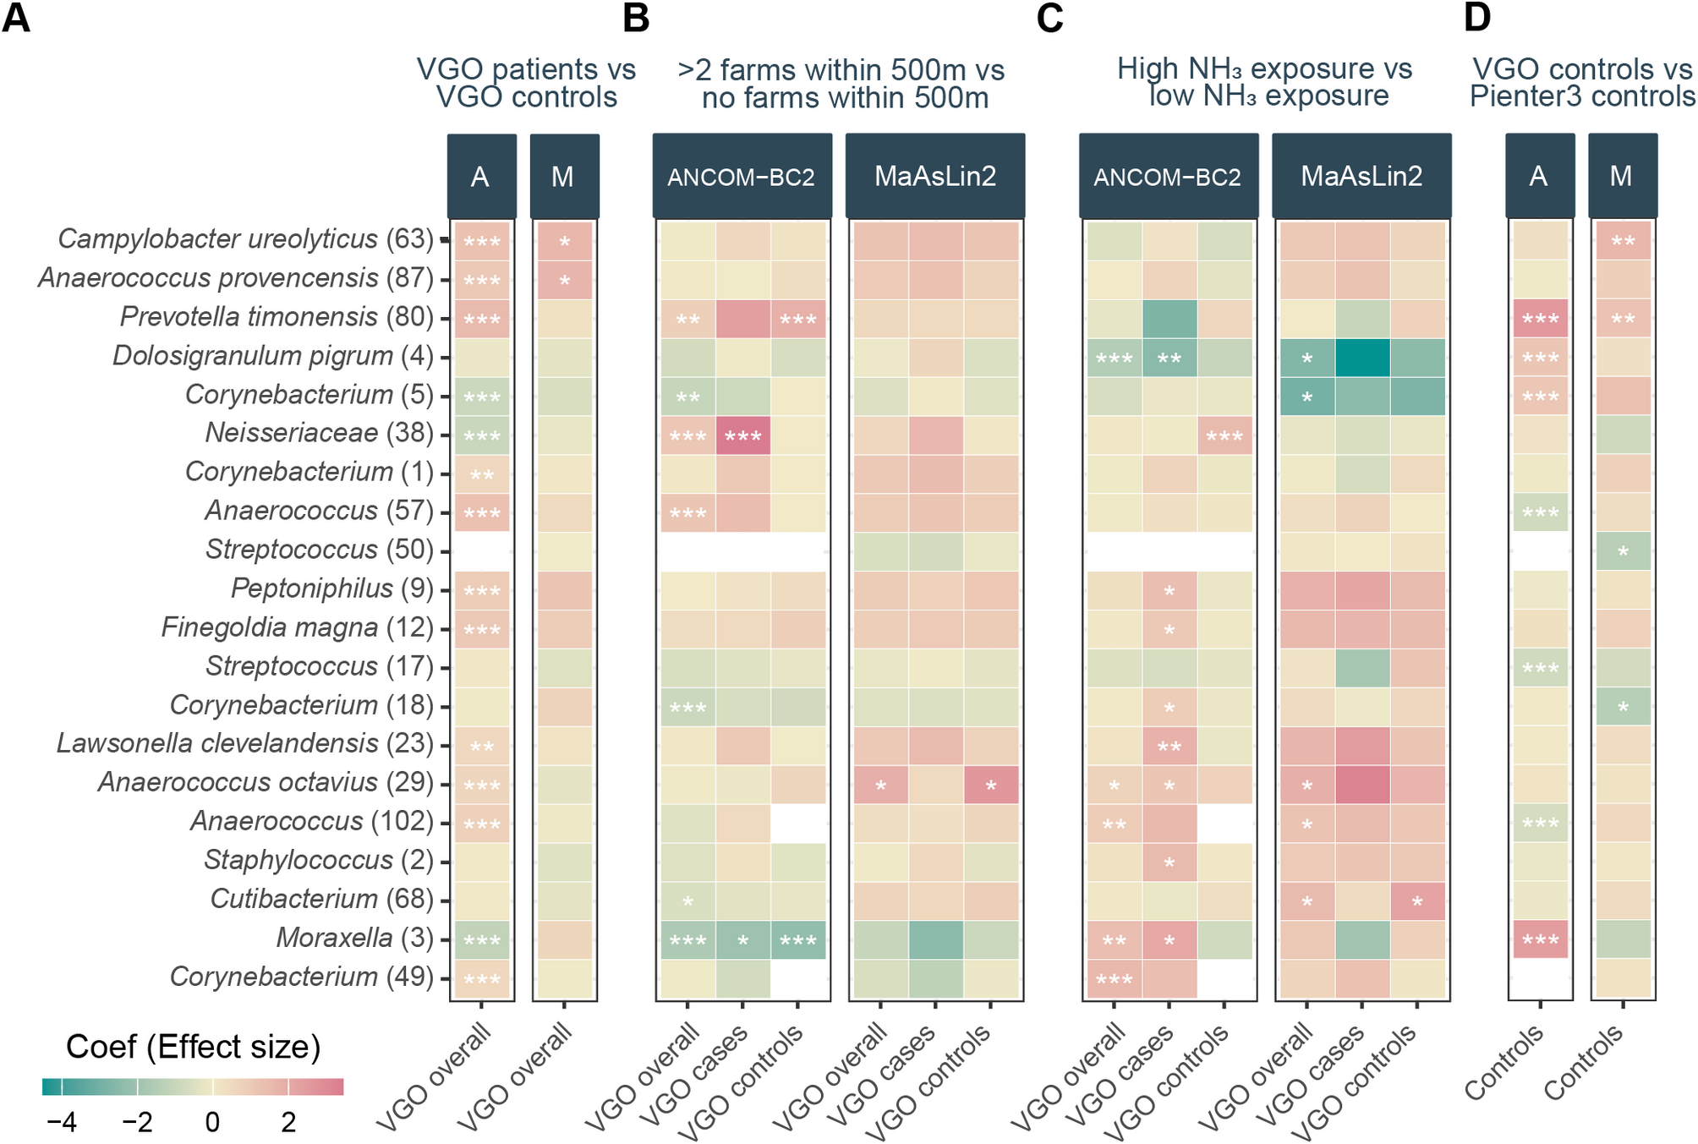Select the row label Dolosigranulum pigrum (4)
pos(273,356)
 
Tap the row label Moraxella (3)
pos(354,938)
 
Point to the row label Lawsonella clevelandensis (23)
pos(244,743)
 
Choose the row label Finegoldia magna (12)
pos(297,627)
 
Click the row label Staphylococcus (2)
pos(318,860)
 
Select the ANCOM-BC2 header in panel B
pos(742,177)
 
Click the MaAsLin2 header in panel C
pos(1361,177)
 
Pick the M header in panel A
pos(563,177)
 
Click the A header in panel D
pos(1539,177)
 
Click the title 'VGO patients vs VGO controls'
pos(526,83)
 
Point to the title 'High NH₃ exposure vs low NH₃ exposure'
pos(1265,82)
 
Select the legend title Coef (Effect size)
pos(193,1047)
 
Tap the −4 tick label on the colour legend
pos(61,1123)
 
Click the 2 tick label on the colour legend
pos(288,1123)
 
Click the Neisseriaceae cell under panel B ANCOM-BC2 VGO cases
pos(742,435)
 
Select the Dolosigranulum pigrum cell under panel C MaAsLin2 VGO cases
pos(1361,358)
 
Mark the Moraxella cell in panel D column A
pos(1540,939)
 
